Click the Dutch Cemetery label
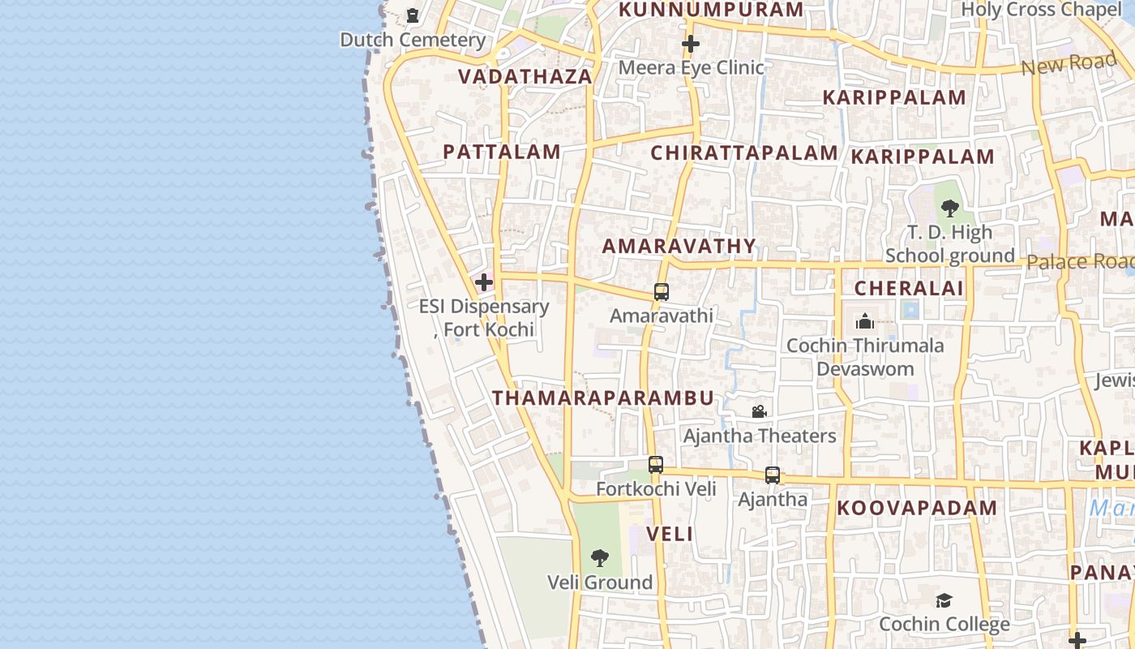[413, 39]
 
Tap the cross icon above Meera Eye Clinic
[691, 43]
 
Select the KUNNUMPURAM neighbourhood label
[711, 10]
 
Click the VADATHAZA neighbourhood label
[525, 76]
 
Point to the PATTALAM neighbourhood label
[502, 152]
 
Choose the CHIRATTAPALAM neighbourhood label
[744, 153]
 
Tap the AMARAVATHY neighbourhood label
[679, 246]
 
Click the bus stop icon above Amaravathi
[662, 292]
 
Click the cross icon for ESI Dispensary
[484, 282]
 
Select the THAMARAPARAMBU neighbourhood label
[603, 398]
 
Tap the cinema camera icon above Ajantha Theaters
[759, 412]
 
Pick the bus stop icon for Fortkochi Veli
[656, 465]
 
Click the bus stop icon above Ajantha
[773, 475]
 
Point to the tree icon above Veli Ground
[600, 558]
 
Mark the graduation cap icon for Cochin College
[944, 600]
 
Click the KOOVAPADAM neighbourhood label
[917, 509]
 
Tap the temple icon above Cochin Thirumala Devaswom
[865, 321]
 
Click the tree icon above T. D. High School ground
[950, 208]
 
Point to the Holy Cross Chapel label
[1041, 10]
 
